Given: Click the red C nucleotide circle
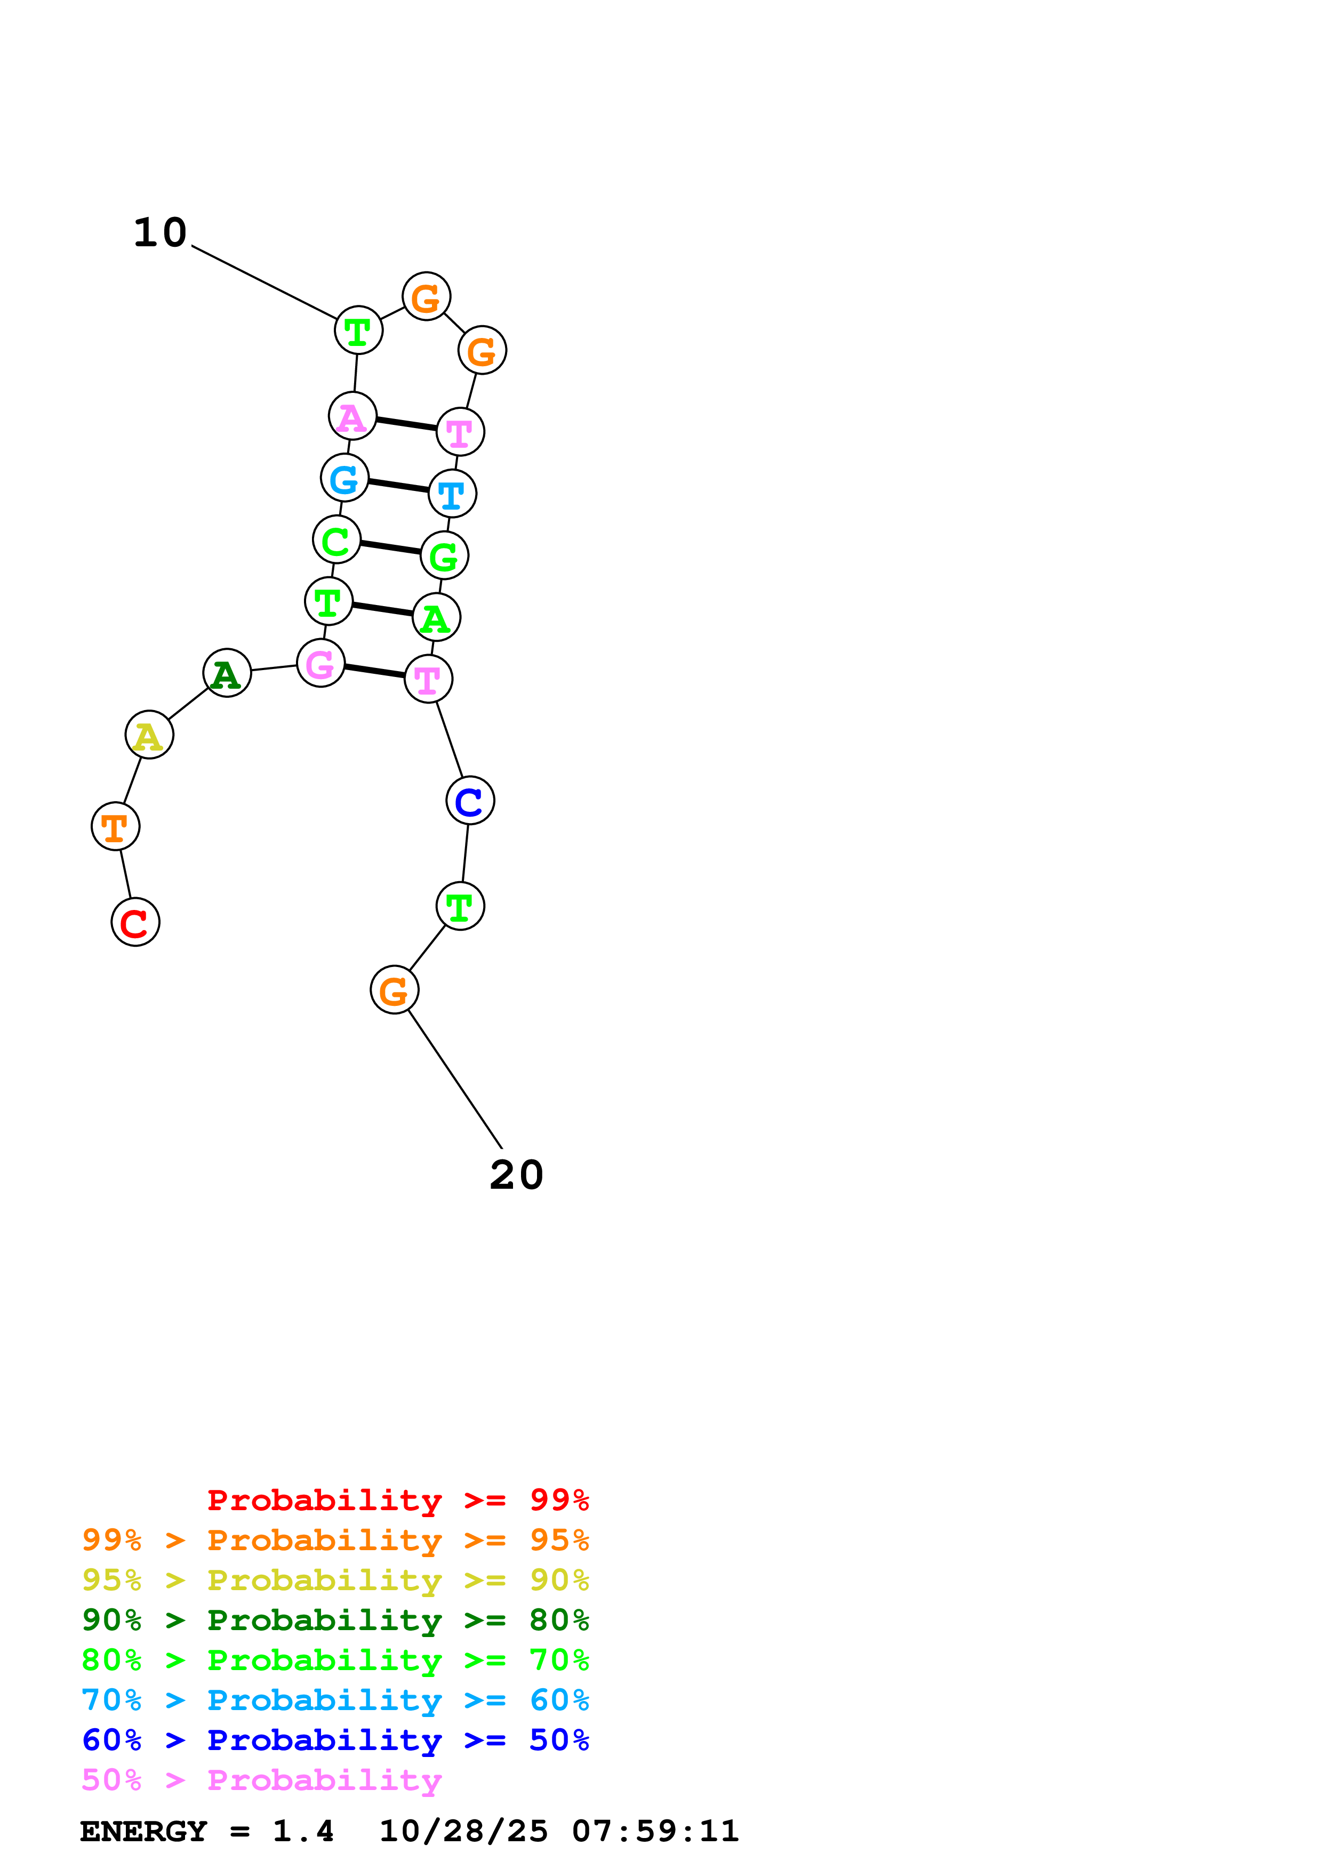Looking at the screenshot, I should coord(135,922).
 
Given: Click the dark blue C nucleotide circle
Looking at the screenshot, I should coord(470,801).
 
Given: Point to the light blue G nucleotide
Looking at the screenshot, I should coord(344,478).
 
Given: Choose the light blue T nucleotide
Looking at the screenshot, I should coord(452,494).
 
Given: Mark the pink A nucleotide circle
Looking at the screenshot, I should coord(352,416).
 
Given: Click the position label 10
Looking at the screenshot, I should coord(161,233).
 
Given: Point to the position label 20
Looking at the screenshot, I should coord(516,1175).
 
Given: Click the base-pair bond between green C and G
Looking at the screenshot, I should coord(390,547).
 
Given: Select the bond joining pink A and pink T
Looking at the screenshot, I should coord(406,423).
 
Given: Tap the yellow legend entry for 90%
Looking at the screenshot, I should coord(335,1580).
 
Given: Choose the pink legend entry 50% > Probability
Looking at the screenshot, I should coord(261,1779).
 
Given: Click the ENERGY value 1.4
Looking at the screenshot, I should coord(303,1832).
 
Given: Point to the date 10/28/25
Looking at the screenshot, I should coord(463,1832).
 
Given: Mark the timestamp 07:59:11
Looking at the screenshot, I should coord(656,1832).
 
